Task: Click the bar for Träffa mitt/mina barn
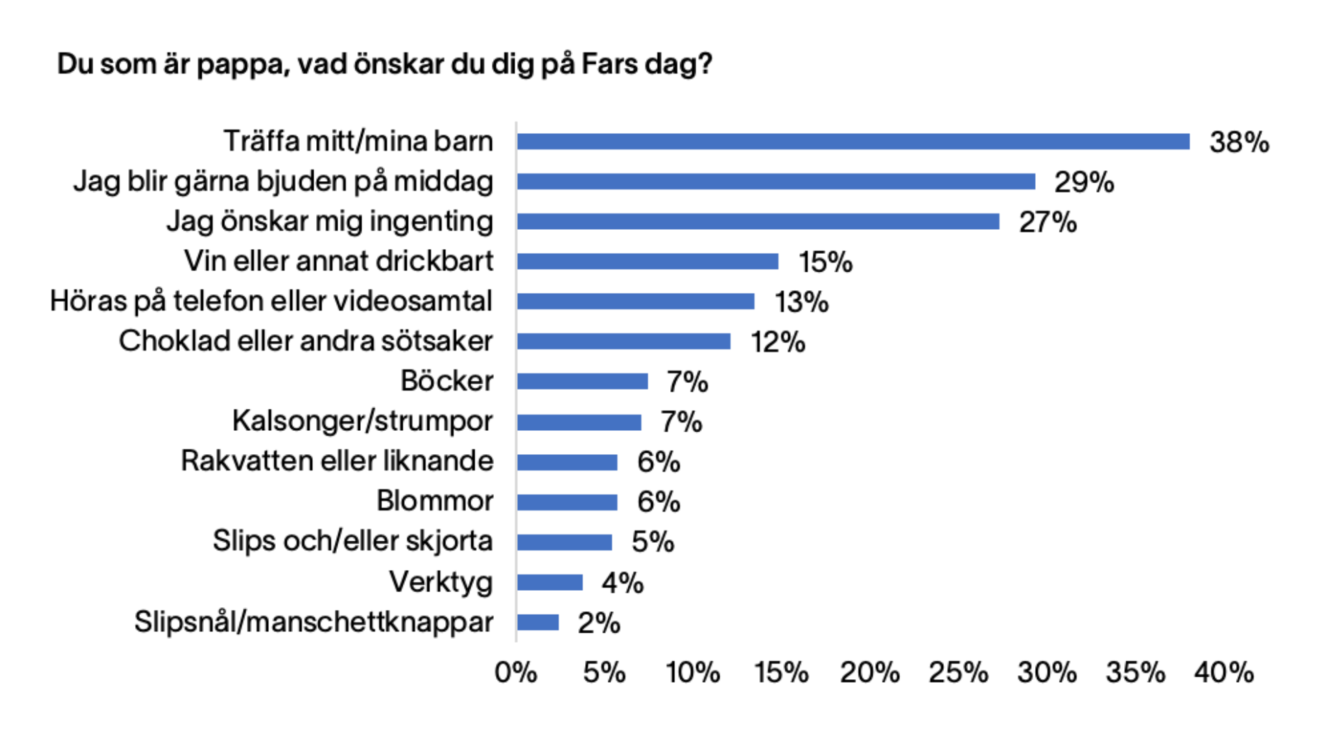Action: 853,141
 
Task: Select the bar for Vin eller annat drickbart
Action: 648,261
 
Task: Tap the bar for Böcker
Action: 582,381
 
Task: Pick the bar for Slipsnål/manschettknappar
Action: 538,622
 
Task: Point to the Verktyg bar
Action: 549,583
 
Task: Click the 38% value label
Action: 1239,143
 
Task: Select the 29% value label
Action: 1084,183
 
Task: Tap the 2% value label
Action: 599,624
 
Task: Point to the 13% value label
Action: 801,303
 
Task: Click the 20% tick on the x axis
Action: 870,673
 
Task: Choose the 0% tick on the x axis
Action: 516,673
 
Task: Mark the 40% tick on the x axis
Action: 1224,673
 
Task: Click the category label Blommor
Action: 435,501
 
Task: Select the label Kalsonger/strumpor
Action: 362,421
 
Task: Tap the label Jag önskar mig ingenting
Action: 329,222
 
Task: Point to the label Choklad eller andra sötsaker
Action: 306,341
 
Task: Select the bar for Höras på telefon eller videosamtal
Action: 636,301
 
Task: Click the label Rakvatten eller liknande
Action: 337,461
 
